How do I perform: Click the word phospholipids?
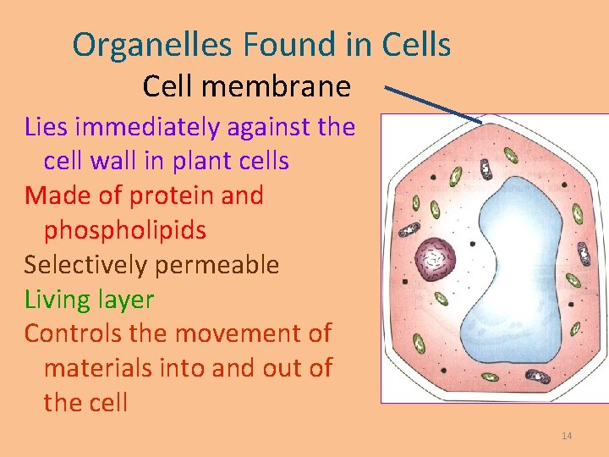(x=124, y=230)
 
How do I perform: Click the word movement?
(x=232, y=333)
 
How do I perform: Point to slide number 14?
(x=567, y=436)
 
